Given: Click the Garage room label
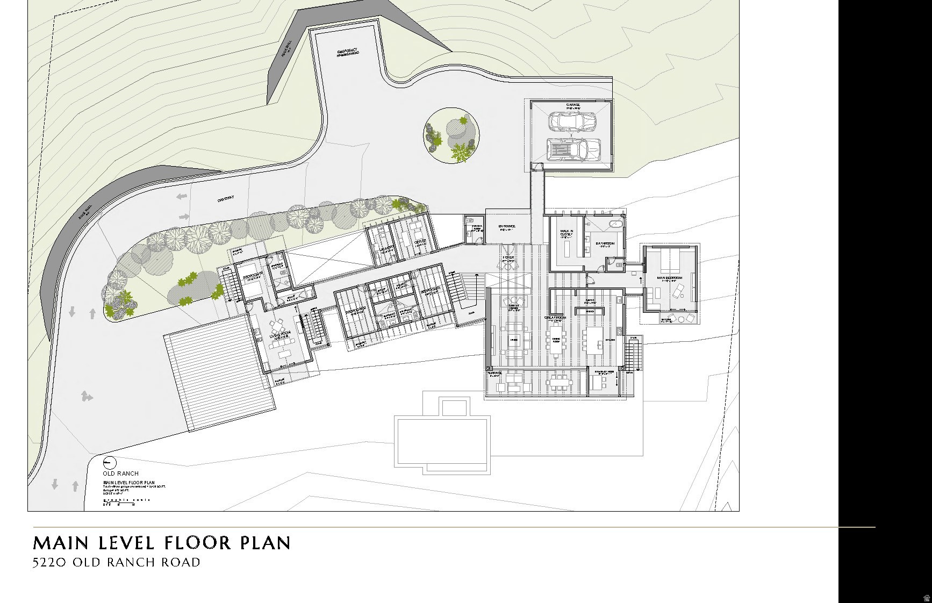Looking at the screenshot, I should coord(572,105).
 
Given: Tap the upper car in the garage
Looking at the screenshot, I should coord(572,121).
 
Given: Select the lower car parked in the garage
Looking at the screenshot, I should coord(573,149).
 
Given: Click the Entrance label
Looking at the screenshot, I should coord(506,226).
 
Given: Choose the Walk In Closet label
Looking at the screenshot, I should coord(567,233).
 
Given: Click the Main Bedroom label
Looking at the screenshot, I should coord(669,278).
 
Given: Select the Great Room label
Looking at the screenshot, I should coord(555,318).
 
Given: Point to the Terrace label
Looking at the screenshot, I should coord(494,373).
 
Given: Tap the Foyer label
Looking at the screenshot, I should coord(508,258).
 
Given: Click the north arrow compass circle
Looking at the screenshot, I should coord(109,463).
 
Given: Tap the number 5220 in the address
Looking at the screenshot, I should coord(50,563).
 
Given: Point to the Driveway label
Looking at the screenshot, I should coord(226,199).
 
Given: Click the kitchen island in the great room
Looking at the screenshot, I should coord(596,340).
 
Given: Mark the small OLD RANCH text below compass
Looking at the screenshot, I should coord(120,473).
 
